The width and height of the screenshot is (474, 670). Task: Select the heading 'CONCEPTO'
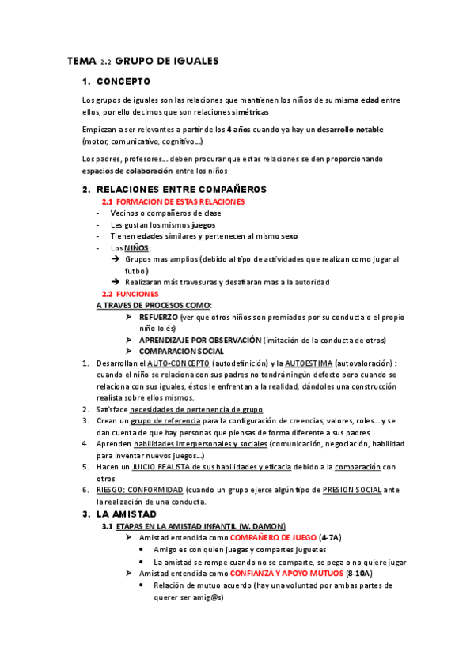[123, 81]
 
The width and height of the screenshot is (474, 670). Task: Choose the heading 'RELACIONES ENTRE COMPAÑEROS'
[181, 190]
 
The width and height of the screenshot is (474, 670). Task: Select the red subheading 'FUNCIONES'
[136, 293]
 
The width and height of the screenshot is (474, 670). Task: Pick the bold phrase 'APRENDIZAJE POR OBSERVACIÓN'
[199, 340]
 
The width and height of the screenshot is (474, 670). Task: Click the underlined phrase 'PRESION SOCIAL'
[352, 491]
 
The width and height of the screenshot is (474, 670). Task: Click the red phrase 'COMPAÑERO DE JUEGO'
[269, 537]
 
